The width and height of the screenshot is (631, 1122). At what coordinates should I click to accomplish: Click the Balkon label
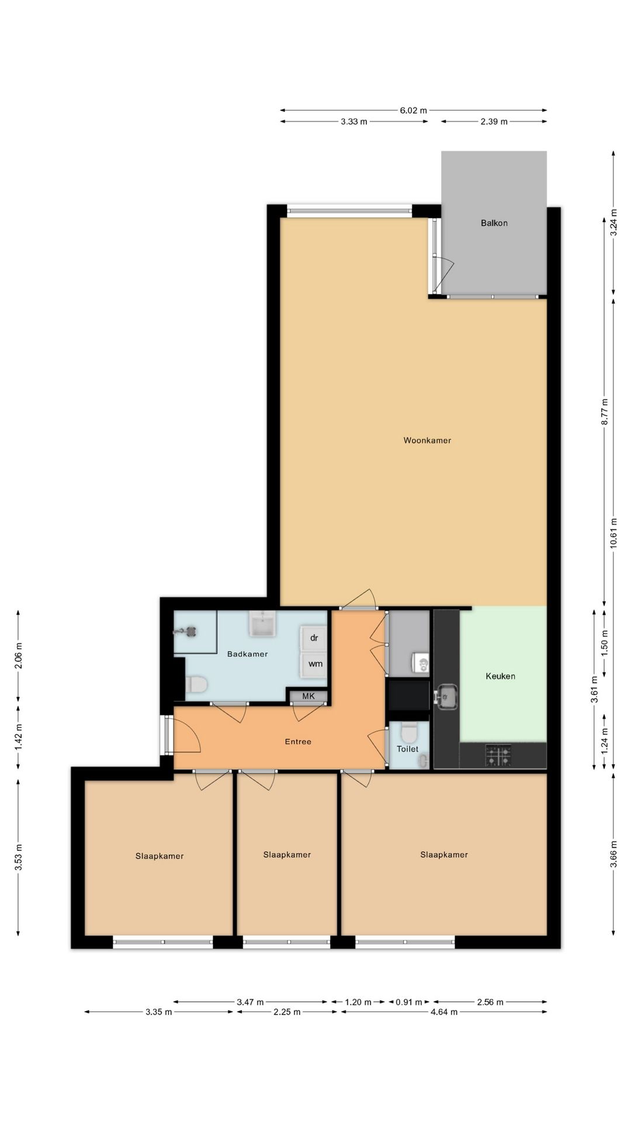494,223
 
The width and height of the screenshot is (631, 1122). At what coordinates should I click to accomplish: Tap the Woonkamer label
427,440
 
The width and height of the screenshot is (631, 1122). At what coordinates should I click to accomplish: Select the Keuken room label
500,676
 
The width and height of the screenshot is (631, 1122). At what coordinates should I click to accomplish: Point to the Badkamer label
247,654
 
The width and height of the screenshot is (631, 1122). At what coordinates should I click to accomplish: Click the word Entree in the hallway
298,742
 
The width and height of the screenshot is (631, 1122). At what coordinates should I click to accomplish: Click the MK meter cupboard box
308,696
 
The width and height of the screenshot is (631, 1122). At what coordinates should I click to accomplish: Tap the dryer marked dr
314,638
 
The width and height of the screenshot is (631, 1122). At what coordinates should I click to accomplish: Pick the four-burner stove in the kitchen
498,756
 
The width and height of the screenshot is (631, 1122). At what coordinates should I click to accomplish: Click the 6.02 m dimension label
413,110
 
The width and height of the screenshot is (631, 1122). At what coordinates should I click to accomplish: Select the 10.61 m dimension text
613,533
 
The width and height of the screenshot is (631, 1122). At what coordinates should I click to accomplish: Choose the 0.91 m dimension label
409,1002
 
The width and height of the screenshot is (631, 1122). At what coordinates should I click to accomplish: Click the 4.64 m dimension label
444,1012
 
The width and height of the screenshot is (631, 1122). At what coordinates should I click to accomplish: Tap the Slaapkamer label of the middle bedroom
287,854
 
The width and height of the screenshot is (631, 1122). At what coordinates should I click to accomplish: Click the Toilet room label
407,749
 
